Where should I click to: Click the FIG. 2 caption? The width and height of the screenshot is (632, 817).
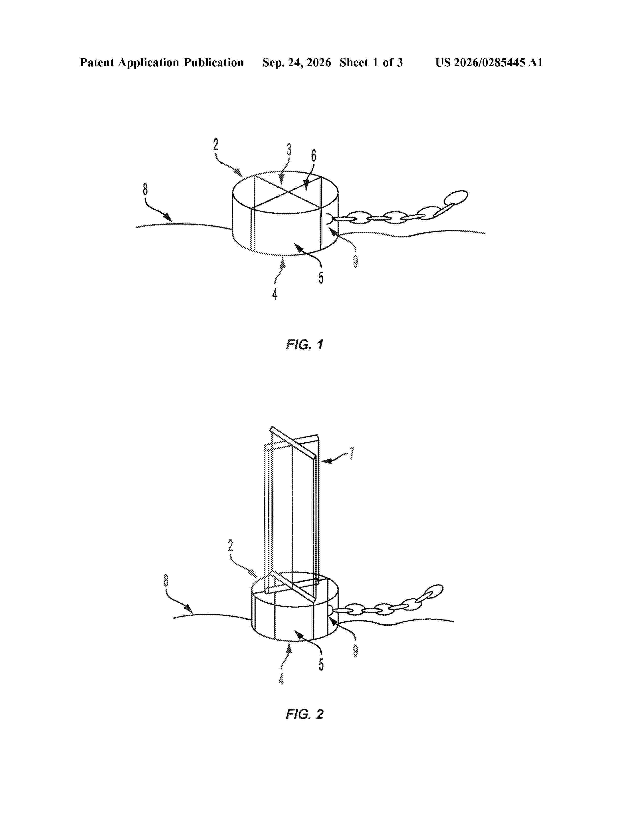[304, 714]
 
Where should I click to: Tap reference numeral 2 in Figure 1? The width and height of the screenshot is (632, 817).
[216, 144]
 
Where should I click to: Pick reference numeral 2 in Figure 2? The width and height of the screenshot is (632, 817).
[231, 546]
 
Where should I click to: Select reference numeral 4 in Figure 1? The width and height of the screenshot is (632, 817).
[275, 294]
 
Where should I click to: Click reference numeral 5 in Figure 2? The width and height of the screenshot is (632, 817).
[321, 664]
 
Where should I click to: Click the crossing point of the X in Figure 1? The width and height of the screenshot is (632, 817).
[287, 192]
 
